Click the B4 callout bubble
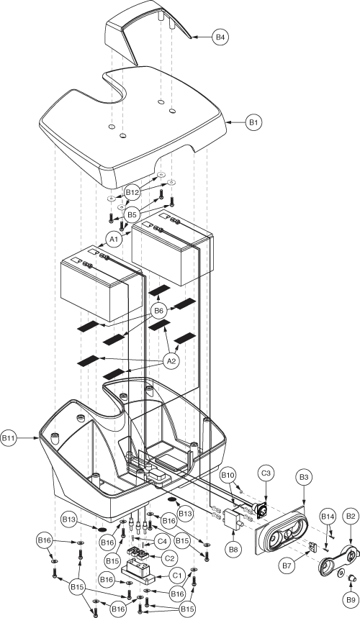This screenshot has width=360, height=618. [x=220, y=37]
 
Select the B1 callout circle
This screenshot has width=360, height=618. [x=253, y=122]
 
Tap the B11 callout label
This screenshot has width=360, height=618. [x=9, y=438]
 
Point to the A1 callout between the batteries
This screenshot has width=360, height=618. [x=114, y=240]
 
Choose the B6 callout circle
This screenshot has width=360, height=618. [x=158, y=311]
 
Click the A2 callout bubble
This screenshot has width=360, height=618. [x=171, y=361]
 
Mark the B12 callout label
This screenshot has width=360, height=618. [x=132, y=193]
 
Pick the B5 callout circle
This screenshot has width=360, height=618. [x=132, y=215]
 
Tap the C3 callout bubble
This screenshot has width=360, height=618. [x=266, y=473]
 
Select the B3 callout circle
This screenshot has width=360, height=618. [x=304, y=477]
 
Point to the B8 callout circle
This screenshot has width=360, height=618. [x=233, y=550]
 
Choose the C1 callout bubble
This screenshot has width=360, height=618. [x=177, y=576]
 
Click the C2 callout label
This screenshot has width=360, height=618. [x=169, y=558]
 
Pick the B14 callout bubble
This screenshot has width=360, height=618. [x=328, y=517]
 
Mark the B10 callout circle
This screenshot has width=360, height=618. [x=228, y=475]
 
